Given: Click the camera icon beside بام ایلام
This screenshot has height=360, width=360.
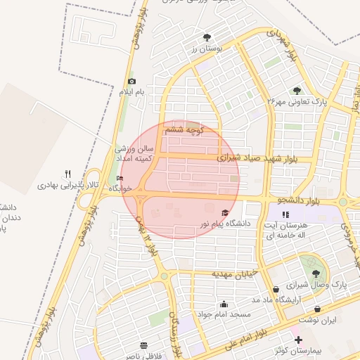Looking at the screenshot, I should tap(131, 82).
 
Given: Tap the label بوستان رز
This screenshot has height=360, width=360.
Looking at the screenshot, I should tap(206, 49).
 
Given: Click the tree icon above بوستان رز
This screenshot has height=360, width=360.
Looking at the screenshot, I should tap(207, 38).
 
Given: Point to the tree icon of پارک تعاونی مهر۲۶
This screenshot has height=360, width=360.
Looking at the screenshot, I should tap(297, 91).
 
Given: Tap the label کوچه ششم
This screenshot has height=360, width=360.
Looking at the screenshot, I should tap(185, 131).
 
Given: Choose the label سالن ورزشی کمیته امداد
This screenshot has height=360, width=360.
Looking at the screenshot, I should tap(134, 154).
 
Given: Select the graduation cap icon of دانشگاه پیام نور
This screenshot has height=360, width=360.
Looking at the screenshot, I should tap(225, 213).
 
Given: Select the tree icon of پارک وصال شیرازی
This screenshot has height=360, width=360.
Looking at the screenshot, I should tap(314, 273).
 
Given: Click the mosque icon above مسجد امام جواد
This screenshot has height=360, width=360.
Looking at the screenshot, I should tap(224, 304).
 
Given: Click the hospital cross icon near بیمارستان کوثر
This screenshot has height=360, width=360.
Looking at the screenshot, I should tap(298, 339).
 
